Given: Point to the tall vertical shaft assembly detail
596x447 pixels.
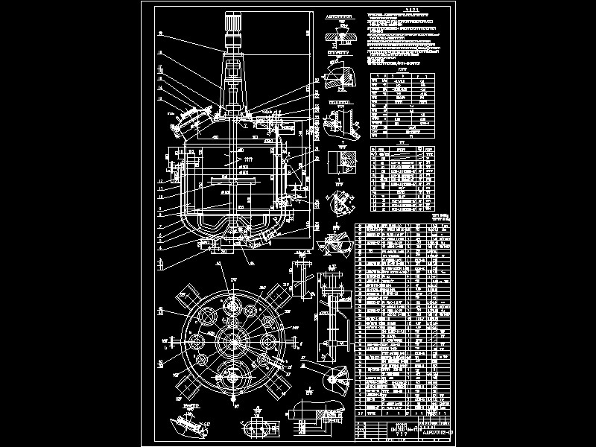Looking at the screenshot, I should point(332,309).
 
